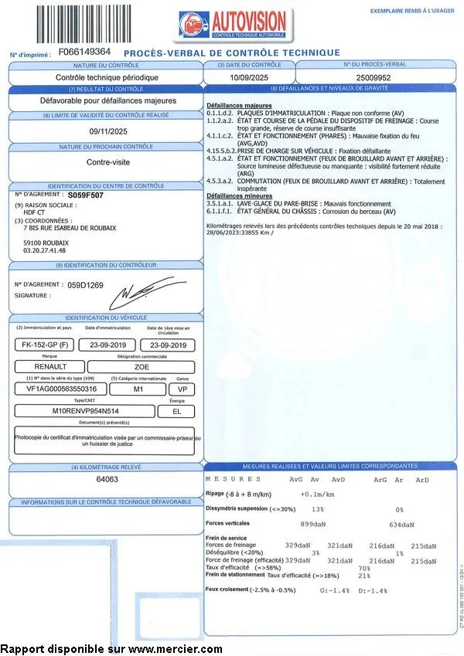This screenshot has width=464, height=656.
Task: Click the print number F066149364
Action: [85, 52]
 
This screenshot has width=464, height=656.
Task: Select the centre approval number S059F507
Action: [96, 196]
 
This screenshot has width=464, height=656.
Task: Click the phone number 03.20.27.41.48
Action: [45, 250]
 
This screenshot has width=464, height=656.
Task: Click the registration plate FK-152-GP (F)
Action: [45, 345]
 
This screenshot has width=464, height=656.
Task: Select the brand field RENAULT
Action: [51, 366]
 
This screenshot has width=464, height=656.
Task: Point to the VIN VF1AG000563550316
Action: [56, 389]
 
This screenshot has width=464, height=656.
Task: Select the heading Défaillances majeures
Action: [237, 105]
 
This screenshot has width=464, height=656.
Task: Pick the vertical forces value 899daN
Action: [312, 525]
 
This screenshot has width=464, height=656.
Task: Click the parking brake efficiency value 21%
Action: [364, 576]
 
